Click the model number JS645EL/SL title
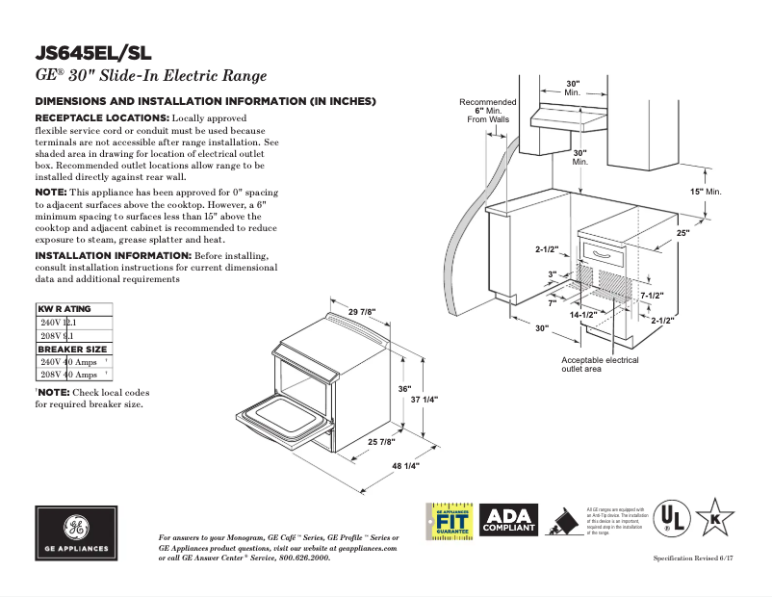(92, 53)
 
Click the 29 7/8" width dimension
(362, 311)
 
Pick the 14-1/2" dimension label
(583, 315)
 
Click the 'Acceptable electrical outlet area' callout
(600, 364)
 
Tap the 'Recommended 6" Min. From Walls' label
(487, 111)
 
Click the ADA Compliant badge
(508, 521)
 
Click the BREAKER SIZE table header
(72, 349)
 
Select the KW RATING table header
(64, 309)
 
